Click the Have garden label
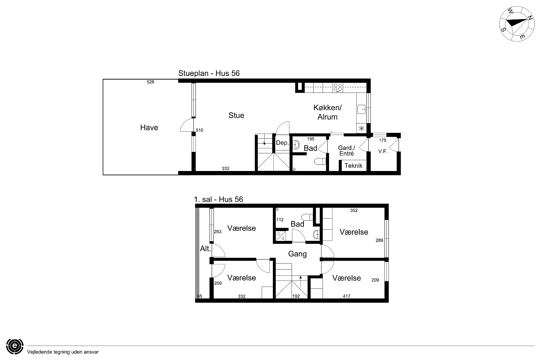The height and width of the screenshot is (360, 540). (x=149, y=127)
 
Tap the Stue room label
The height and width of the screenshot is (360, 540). (x=236, y=115)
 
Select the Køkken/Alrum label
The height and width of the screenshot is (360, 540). (x=327, y=112)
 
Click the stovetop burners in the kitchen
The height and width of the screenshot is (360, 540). (x=338, y=88)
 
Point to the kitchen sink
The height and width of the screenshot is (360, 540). (x=361, y=109)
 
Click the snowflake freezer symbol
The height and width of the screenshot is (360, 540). (x=361, y=128)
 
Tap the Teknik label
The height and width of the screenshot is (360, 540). (x=354, y=166)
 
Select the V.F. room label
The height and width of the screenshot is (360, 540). (x=383, y=151)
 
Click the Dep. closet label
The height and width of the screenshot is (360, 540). (x=282, y=143)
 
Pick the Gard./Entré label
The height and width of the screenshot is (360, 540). (x=346, y=151)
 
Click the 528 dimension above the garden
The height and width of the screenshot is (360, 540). (x=150, y=82)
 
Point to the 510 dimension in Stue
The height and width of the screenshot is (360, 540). (x=199, y=130)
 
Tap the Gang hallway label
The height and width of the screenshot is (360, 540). (x=297, y=254)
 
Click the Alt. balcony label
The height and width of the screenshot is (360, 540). (x=206, y=249)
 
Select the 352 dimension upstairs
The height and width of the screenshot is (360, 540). (x=354, y=211)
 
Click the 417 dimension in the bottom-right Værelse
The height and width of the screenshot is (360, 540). (x=347, y=296)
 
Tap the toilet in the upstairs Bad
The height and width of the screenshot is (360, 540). (x=307, y=217)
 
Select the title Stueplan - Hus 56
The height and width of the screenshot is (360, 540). (x=209, y=73)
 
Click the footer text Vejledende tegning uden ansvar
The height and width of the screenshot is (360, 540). (x=63, y=352)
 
